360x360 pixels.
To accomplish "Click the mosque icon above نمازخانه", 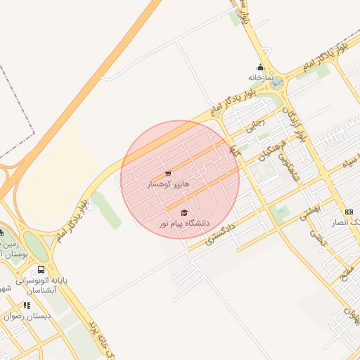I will pyautogui.click(x=259, y=68).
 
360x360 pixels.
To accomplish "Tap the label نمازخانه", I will pyautogui.click(x=259, y=77).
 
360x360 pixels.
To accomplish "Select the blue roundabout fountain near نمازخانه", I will pyautogui.click(x=276, y=83).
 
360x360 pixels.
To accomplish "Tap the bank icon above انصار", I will pyautogui.click(x=349, y=212).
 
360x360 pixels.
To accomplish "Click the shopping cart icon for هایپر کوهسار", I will pyautogui.click(x=168, y=174).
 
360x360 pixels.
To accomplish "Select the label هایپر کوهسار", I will pyautogui.click(x=167, y=185).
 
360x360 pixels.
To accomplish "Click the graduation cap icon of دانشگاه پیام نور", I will pyautogui.click(x=184, y=212).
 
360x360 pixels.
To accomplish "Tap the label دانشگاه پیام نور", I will pyautogui.click(x=184, y=223).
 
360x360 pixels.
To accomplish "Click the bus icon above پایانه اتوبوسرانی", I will pyautogui.click(x=41, y=269).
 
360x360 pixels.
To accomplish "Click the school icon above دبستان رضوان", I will pyautogui.click(x=27, y=305).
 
